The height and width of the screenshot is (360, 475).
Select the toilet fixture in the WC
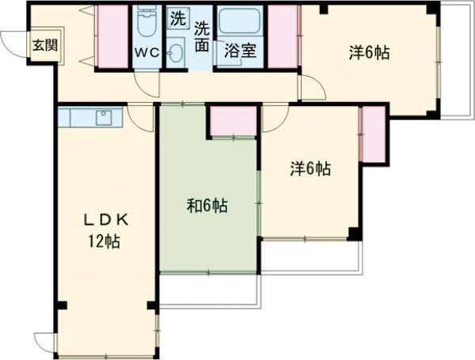(146, 24)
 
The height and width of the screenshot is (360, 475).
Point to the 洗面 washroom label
(202, 36)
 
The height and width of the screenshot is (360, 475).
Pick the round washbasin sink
(175, 53)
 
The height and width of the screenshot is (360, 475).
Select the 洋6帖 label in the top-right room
(370, 53)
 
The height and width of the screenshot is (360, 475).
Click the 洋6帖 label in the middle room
(310, 169)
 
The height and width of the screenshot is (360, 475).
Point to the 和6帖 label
(207, 206)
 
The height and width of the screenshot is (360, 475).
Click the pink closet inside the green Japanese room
(234, 120)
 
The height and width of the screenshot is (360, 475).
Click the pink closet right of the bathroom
(283, 36)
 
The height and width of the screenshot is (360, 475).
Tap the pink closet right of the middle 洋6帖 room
(371, 133)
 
